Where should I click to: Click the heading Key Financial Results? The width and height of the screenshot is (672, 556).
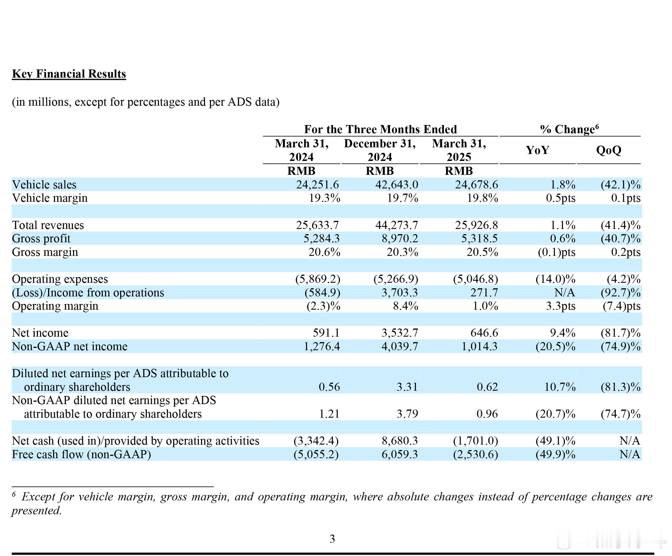pyautogui.click(x=69, y=74)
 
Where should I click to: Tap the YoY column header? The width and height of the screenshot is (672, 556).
pyautogui.click(x=538, y=150)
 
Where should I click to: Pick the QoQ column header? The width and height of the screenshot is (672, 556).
pyautogui.click(x=609, y=150)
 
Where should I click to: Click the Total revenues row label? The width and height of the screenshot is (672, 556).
pyautogui.click(x=48, y=225)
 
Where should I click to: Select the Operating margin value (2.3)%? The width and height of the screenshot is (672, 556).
pyautogui.click(x=323, y=306)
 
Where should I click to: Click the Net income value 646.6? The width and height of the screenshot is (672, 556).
pyautogui.click(x=484, y=333)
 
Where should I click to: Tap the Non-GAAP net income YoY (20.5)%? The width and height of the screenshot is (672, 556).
pyautogui.click(x=555, y=346)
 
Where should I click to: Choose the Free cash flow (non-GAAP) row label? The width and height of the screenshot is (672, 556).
pyautogui.click(x=81, y=454)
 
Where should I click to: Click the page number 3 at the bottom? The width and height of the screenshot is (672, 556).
pyautogui.click(x=332, y=539)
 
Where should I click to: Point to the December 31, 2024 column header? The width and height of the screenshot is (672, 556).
pyautogui.click(x=380, y=150)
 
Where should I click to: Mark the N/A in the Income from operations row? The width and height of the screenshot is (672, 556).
pyautogui.click(x=565, y=293)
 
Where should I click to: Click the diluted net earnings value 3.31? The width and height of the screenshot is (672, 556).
pyautogui.click(x=407, y=387)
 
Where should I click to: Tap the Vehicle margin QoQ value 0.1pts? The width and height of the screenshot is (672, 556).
pyautogui.click(x=626, y=198)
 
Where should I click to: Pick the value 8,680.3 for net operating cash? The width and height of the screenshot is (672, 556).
pyautogui.click(x=400, y=441)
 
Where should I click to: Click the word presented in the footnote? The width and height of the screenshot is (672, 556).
pyautogui.click(x=36, y=511)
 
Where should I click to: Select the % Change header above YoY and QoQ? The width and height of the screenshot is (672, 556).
pyautogui.click(x=570, y=129)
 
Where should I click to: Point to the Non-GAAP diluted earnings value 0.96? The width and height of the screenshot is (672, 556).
pyautogui.click(x=487, y=414)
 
